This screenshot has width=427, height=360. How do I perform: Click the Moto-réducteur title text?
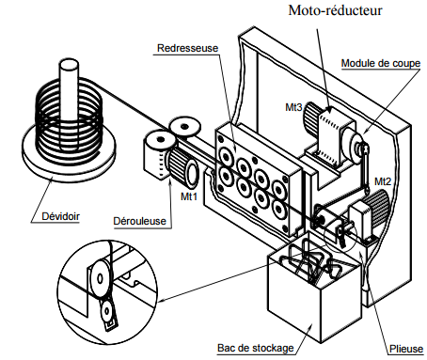[x=335, y=10]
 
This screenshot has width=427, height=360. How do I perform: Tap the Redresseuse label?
[x=187, y=48]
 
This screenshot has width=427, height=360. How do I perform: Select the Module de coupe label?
[x=381, y=63]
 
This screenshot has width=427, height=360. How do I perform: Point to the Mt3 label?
[x=293, y=107]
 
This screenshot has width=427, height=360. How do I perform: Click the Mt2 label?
[x=383, y=181]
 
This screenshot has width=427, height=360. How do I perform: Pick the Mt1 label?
[x=189, y=196]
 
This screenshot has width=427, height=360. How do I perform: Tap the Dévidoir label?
[x=60, y=216]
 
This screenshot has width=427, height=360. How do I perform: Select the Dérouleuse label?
[x=139, y=221]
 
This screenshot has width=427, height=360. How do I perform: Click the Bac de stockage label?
[x=256, y=348]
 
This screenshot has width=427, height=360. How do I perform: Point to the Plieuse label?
[x=406, y=349]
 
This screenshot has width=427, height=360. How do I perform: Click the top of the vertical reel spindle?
[x=69, y=64]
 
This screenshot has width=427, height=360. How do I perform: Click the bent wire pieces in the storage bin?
[x=310, y=262]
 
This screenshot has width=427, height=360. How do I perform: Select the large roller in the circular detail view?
[x=100, y=277]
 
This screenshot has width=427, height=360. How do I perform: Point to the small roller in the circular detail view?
[x=107, y=311]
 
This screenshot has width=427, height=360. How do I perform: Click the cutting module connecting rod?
[x=365, y=168]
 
